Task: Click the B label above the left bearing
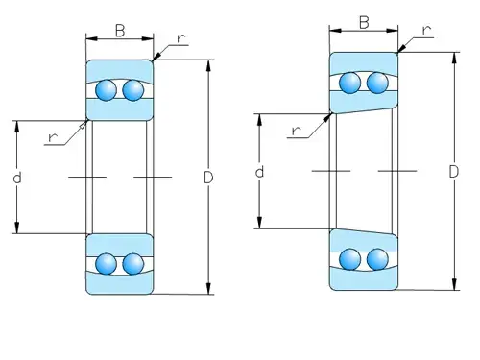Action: pos(120,31)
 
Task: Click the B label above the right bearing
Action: pos(365,22)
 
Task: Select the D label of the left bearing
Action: pos(208,178)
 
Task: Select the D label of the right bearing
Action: pos(452,171)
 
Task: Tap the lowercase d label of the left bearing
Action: pos(17,178)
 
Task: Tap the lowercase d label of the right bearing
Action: pos(259,172)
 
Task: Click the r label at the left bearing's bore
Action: pos(53,137)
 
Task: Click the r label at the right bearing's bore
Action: pos(295,130)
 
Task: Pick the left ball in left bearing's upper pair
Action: pos(106,91)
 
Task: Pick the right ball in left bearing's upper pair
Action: pos(132,91)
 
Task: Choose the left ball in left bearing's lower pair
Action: pos(106,264)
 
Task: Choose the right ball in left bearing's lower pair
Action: pos(132,264)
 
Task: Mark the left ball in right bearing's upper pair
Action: pos(350,84)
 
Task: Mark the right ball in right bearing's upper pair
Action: pos(377,84)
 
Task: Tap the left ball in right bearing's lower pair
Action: pos(350,258)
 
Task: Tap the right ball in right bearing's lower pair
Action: pos(377,258)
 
